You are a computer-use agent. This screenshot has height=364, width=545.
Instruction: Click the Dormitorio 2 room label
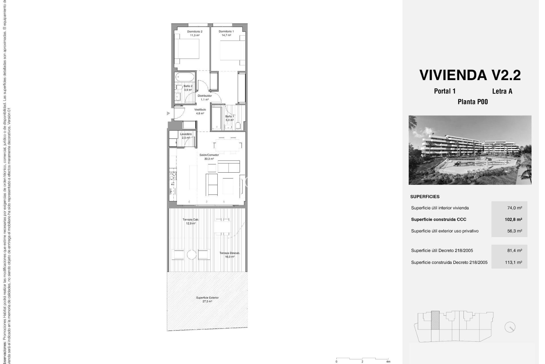(x=194, y=32)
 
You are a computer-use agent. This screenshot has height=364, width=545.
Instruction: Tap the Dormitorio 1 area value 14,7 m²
(x=226, y=35)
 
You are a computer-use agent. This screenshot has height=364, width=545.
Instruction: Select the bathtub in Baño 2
(x=185, y=76)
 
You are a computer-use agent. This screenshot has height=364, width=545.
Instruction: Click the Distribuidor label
(x=205, y=96)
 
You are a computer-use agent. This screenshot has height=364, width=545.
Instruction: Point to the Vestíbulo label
(x=200, y=109)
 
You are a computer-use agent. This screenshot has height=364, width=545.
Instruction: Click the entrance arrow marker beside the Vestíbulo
(x=168, y=113)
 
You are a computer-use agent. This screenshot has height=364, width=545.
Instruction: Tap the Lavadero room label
(x=186, y=134)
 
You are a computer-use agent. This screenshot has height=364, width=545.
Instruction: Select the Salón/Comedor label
(x=209, y=155)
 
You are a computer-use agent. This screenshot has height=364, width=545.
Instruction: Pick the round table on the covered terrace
(x=192, y=255)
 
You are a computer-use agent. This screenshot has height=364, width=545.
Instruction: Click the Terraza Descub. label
(x=230, y=253)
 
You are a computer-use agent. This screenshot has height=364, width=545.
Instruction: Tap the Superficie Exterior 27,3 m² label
(x=207, y=299)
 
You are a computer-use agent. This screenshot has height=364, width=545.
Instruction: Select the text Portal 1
(x=445, y=91)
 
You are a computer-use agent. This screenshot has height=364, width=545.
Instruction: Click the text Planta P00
(x=473, y=102)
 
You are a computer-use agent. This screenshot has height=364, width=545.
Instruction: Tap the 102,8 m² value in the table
(x=513, y=219)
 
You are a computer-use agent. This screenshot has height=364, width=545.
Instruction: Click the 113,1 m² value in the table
(x=513, y=262)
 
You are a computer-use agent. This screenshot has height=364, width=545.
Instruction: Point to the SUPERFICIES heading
(x=425, y=197)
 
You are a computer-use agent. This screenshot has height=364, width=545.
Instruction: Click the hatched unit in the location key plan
(x=435, y=320)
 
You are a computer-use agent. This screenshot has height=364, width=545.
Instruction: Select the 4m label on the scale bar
(x=388, y=362)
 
